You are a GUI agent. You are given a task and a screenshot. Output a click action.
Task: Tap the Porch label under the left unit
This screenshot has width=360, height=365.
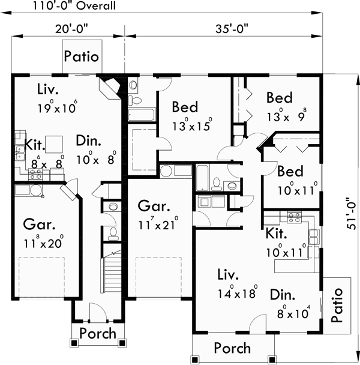pyautogui.click(x=98, y=333)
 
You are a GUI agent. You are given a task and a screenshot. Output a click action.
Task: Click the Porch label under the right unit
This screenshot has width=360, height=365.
pyautogui.click(x=233, y=348)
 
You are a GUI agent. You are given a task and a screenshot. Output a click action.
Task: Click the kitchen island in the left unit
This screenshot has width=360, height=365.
pyautogui.click(x=54, y=143)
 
